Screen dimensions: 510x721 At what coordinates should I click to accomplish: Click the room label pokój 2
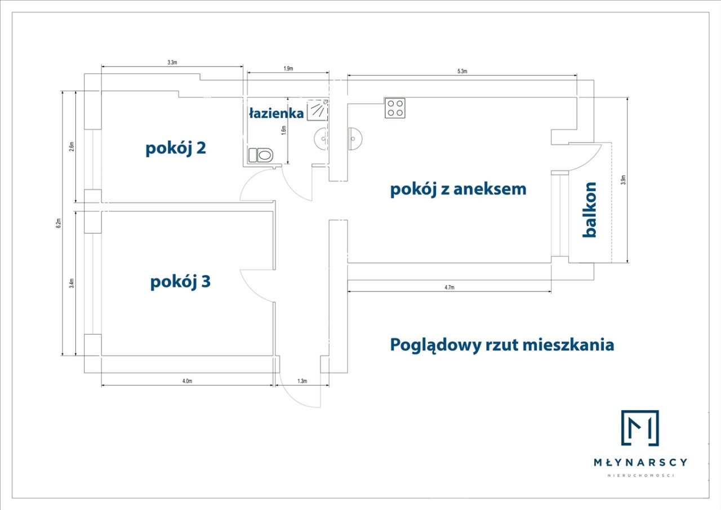click(175, 149)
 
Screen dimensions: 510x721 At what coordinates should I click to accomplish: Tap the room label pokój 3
click(180, 281)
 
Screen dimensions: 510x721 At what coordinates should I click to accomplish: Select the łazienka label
click(276, 113)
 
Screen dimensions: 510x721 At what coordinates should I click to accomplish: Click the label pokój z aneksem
click(458, 189)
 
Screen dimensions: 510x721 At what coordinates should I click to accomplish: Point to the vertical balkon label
click(590, 209)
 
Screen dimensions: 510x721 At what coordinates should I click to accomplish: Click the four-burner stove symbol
click(395, 108)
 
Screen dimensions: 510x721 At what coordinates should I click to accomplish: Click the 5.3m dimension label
click(462, 71)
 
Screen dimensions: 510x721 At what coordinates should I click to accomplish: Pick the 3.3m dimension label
click(172, 63)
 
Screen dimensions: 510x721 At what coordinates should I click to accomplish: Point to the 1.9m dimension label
click(287, 69)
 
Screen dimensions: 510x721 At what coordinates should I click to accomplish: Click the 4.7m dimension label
click(449, 287)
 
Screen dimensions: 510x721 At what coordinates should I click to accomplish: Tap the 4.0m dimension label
click(187, 382)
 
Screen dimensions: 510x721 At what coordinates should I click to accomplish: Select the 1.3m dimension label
click(302, 382)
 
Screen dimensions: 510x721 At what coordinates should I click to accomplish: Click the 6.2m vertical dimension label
click(59, 223)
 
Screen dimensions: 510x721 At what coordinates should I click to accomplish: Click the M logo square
click(640, 428)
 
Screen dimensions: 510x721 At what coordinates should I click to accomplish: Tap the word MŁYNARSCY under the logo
click(640, 462)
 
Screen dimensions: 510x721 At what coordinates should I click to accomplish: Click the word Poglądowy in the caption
click(435, 344)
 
